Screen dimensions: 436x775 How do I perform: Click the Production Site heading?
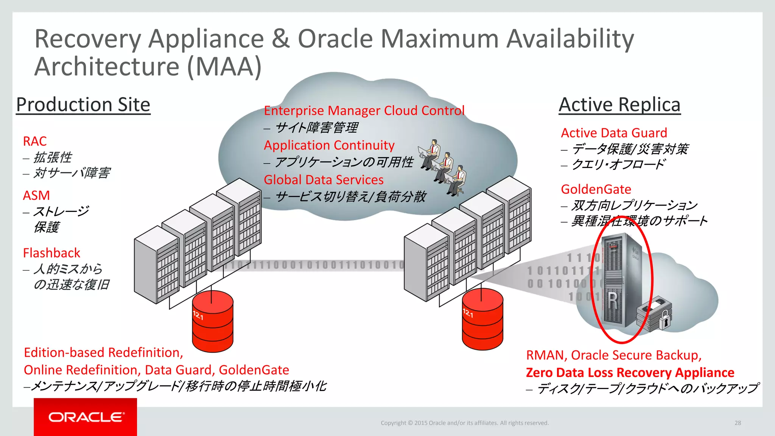pos(83,105)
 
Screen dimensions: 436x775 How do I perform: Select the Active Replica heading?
pos(619,105)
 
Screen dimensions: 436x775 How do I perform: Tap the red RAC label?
pos(35,141)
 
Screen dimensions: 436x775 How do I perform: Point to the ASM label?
pos(36,195)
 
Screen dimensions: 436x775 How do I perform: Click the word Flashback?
pos(51,253)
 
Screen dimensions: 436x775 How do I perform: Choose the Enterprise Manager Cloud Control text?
pos(364,111)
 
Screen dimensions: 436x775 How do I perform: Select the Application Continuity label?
pos(329,145)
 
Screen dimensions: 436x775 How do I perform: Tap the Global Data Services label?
pos(324,180)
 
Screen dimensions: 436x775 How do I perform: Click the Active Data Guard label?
pos(614,133)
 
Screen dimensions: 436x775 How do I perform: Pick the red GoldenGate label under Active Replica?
pos(596,189)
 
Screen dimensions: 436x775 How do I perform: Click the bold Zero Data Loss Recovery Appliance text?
pos(630,372)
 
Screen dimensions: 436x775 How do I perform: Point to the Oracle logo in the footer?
pos(86,417)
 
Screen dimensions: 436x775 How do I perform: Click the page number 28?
pos(738,423)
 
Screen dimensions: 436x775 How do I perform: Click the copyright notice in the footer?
pos(464,423)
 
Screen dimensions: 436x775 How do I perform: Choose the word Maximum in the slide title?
pos(439,39)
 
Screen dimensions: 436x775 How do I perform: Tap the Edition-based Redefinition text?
pos(103,353)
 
